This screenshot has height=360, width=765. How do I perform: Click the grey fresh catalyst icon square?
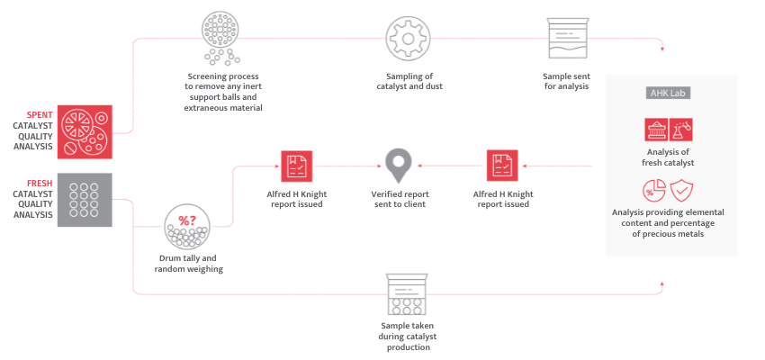click(85, 200)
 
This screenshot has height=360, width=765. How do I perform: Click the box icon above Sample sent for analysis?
click(567, 39)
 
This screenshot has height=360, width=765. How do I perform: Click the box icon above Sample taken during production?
click(408, 292)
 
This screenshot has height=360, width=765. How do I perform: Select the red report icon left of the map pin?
click(296, 166)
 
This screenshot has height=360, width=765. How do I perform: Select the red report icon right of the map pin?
click(502, 166)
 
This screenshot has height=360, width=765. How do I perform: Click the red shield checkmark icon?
click(682, 191)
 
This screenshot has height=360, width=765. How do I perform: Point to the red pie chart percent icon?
click(654, 191)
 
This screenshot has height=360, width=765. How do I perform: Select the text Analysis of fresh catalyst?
click(669, 157)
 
